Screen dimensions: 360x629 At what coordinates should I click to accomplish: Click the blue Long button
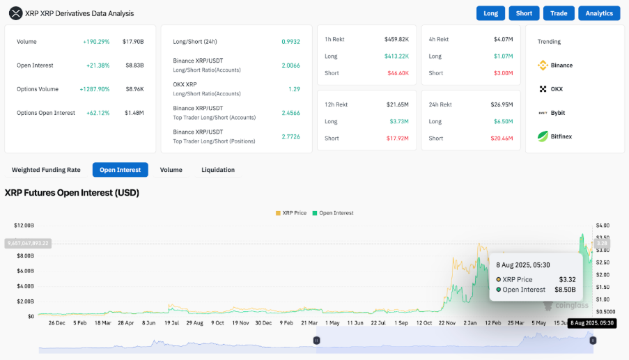pyautogui.click(x=490, y=13)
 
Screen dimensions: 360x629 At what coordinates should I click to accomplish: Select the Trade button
pyautogui.click(x=559, y=13)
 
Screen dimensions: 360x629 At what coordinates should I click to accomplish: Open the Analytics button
pyautogui.click(x=599, y=13)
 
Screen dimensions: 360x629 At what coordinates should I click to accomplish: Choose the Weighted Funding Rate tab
pyautogui.click(x=46, y=170)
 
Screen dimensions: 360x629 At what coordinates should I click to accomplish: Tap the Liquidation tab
pyautogui.click(x=218, y=170)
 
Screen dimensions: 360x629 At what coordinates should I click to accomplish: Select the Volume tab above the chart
pyautogui.click(x=171, y=170)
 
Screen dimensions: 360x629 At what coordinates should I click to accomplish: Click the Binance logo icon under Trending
pyautogui.click(x=543, y=65)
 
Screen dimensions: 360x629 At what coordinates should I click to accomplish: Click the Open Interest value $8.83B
pyautogui.click(x=134, y=65)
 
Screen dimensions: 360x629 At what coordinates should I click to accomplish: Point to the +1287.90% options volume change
pyautogui.click(x=95, y=89)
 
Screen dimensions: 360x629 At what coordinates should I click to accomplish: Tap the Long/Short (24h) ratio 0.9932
pyautogui.click(x=290, y=42)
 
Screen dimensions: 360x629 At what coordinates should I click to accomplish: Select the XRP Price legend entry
pyautogui.click(x=291, y=213)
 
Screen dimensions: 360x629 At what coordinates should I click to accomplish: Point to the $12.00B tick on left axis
pyautogui.click(x=24, y=226)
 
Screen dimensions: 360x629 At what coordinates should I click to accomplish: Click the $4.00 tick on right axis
pyautogui.click(x=603, y=226)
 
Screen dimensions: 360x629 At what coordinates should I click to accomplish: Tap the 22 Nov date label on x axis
pyautogui.click(x=447, y=323)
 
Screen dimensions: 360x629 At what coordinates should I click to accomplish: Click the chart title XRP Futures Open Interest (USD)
pyautogui.click(x=72, y=193)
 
